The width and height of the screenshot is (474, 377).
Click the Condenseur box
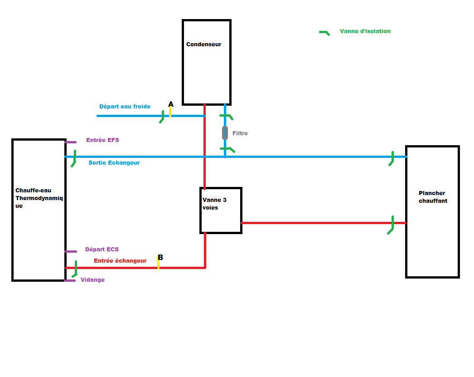click(x=206, y=63)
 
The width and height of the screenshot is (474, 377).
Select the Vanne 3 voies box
click(x=221, y=211)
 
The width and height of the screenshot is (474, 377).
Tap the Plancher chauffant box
click(x=432, y=211)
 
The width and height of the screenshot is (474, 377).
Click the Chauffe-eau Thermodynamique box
click(x=39, y=210)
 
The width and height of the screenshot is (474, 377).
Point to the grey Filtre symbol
click(x=225, y=133)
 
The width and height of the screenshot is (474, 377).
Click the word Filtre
click(x=240, y=133)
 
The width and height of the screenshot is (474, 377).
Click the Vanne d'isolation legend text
click(x=365, y=31)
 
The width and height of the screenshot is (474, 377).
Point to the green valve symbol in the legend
click(x=324, y=33)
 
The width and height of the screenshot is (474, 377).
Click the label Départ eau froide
click(x=125, y=107)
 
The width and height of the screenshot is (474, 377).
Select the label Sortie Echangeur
click(x=114, y=163)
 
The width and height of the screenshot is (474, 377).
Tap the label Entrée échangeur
click(x=120, y=261)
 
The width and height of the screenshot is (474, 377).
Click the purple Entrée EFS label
click(x=102, y=140)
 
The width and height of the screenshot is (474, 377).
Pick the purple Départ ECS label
click(x=102, y=250)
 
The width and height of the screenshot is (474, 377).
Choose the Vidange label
click(x=92, y=280)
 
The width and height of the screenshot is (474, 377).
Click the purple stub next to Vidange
click(x=70, y=280)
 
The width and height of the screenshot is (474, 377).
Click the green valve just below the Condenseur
click(x=226, y=116)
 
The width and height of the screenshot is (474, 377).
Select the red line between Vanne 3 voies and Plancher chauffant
click(x=317, y=223)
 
